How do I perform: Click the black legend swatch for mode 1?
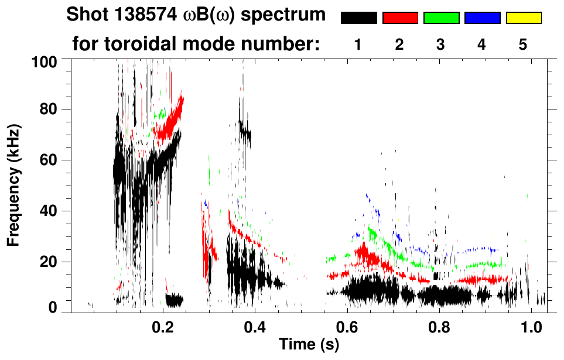359,18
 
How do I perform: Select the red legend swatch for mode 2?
400,18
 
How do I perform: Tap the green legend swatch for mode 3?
441,18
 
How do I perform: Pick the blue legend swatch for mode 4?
482,18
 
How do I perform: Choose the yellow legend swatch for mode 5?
523,18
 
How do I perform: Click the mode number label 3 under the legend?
440,44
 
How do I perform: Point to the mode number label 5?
522,44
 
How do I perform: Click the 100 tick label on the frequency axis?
45,60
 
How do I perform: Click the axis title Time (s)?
309,344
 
